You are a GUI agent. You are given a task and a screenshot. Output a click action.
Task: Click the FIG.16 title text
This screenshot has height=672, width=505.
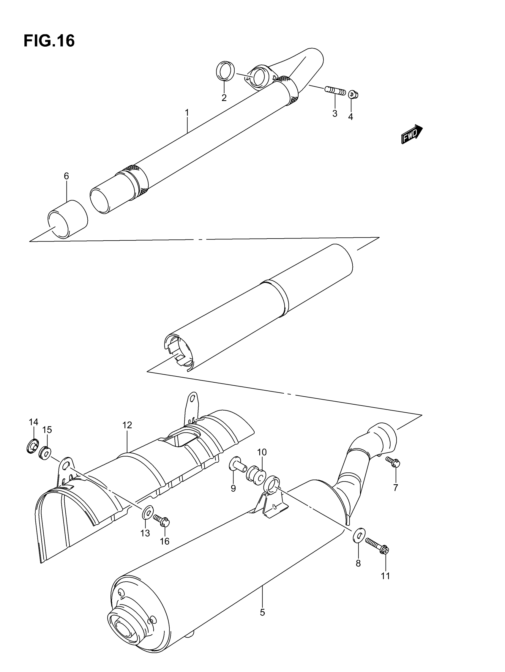[x=49, y=41]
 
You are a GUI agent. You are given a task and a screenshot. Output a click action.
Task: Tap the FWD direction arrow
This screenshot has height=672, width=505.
[x=412, y=134]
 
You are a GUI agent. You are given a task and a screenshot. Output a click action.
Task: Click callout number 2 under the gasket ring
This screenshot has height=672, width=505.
[x=224, y=98]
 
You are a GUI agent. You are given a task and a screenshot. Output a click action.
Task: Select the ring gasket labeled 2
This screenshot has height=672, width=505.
[x=225, y=71]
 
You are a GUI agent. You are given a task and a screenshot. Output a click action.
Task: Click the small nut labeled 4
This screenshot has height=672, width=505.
[x=353, y=94]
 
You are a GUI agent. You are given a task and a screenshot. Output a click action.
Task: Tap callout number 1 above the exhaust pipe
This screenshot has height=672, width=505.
[x=187, y=113]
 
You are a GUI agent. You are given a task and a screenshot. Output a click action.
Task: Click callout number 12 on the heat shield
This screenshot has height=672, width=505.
[x=127, y=425]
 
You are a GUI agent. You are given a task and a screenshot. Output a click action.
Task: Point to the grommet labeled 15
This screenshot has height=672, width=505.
[x=45, y=454]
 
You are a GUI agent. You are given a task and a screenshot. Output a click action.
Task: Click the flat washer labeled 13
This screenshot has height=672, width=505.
[x=148, y=513]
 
